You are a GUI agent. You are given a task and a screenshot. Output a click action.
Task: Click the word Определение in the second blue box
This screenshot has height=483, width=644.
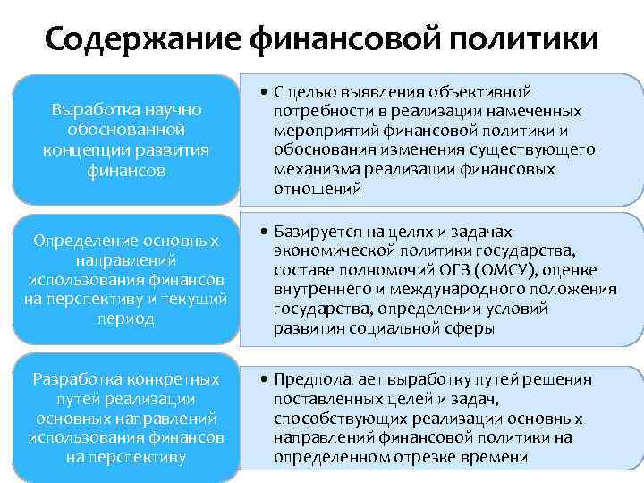pos(82,241)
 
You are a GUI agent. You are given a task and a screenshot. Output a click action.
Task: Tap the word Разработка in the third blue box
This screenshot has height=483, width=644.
pos(78,378)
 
